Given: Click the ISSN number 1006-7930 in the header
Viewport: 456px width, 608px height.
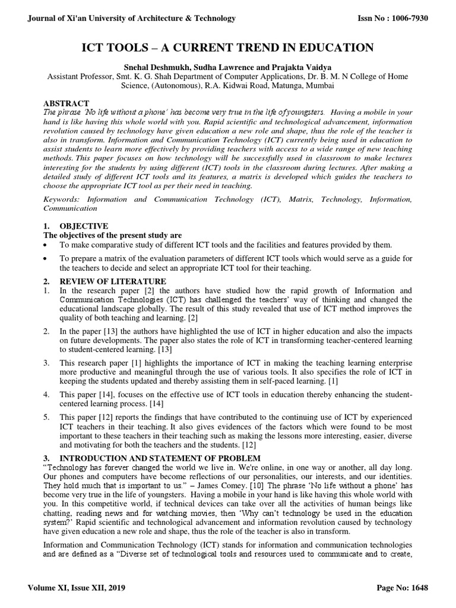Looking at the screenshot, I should pos(407,18).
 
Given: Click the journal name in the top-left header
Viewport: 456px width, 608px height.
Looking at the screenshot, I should pos(132,18).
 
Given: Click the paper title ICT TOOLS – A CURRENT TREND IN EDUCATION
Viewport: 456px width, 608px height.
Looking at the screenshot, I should pos(227,47).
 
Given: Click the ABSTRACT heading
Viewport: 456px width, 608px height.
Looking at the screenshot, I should pos(66,103).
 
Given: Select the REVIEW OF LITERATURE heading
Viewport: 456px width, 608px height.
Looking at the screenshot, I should pos(113,281).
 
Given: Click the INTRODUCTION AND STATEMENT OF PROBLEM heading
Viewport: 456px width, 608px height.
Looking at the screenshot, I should pos(160,458).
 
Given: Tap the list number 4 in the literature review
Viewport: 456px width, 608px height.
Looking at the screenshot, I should pos(47,394).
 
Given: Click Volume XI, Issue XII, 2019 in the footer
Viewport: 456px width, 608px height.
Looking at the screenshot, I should pos(76,588).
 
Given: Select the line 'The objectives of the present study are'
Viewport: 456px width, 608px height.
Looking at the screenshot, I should pos(113,235).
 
